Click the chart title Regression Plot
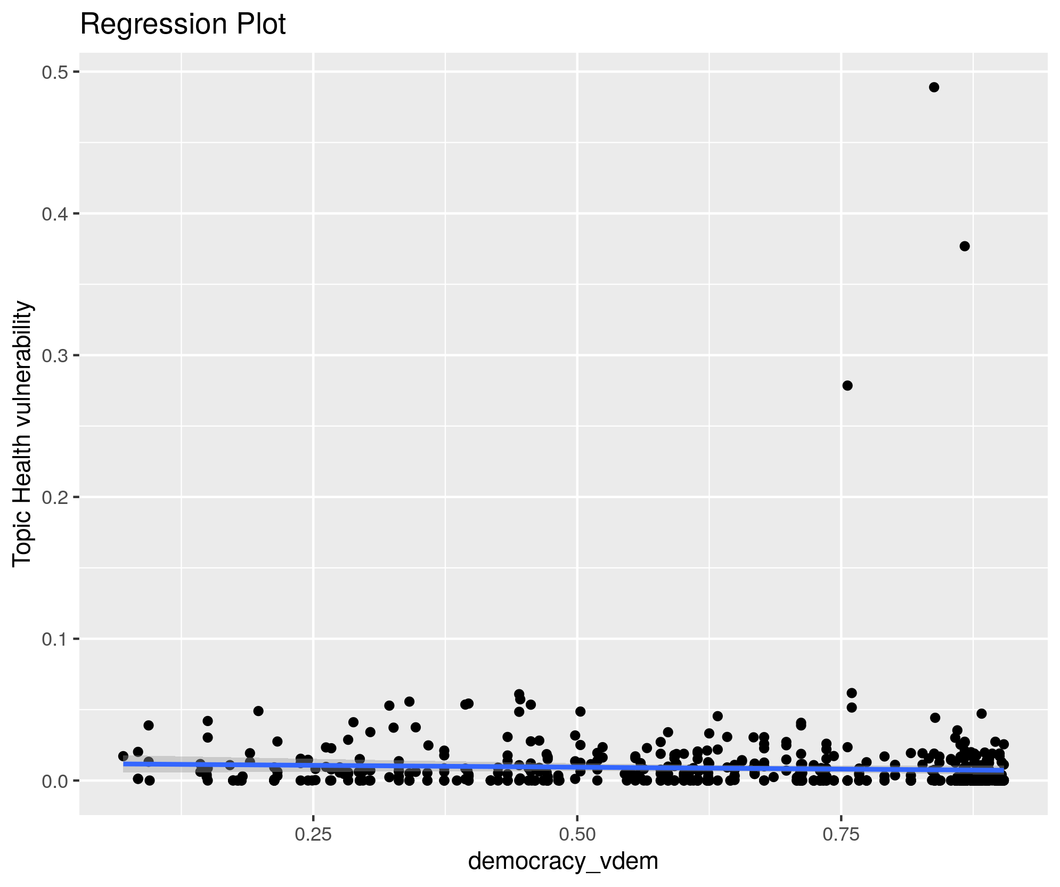pos(183,25)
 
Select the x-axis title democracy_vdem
pos(563,860)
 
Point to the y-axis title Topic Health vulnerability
pos(23,434)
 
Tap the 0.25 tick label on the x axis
pos(313,834)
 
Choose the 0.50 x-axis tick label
pos(577,834)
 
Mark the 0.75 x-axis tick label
pos(841,834)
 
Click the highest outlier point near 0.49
pos(934,87)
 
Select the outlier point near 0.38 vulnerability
pos(964,246)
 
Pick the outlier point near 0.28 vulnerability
pos(847,386)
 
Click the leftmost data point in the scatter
pos(123,756)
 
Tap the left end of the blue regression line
pos(124,764)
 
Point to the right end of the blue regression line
pos(1003,770)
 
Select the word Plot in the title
pos(265,25)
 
